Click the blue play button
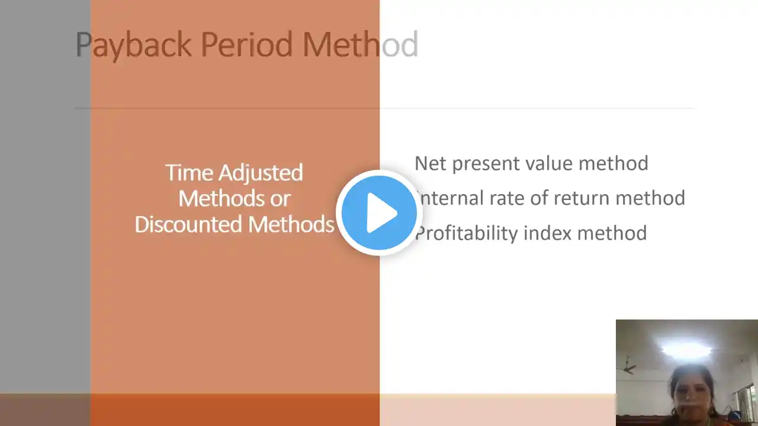point(379,213)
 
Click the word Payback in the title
point(133,46)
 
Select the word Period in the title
point(247,44)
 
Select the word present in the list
point(486,164)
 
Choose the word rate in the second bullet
point(506,199)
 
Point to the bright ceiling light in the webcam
point(686,348)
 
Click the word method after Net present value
point(614,164)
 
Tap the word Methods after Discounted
point(291,224)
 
